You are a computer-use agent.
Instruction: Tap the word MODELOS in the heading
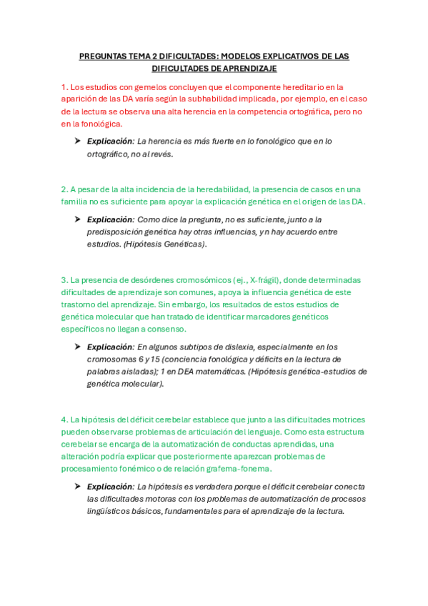click(245, 56)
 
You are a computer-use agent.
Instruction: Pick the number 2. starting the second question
click(64, 189)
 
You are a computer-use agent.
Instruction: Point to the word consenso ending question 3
click(166, 329)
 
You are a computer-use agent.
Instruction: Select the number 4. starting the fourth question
click(64, 420)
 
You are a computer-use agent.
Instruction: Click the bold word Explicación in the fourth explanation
click(110, 487)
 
